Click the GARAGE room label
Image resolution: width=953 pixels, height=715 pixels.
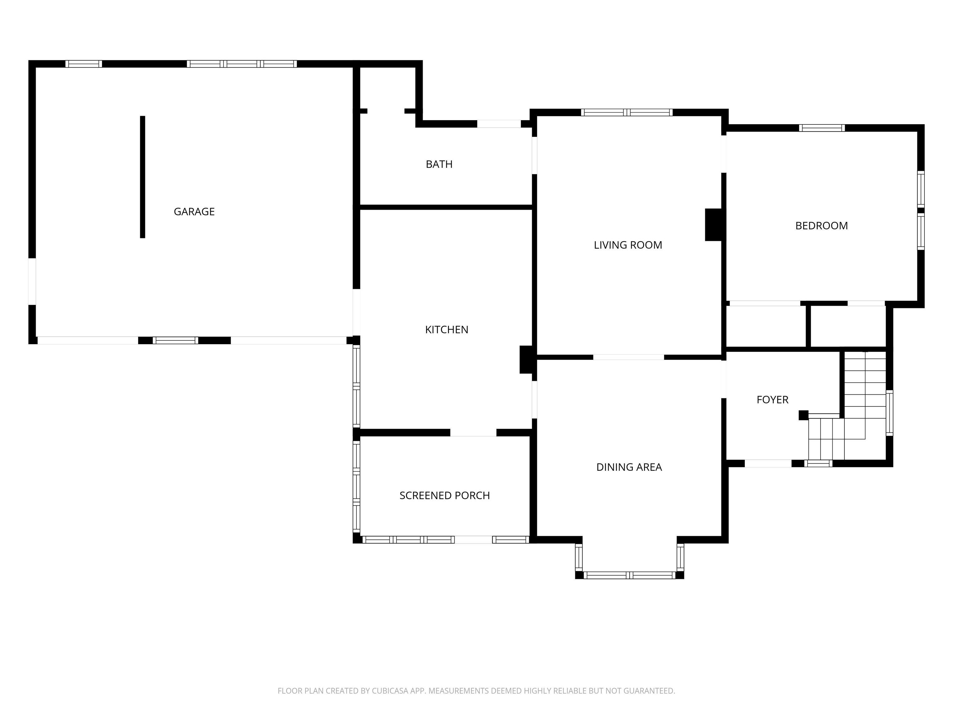pyautogui.click(x=194, y=212)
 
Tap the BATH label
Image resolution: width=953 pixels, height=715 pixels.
pyautogui.click(x=439, y=164)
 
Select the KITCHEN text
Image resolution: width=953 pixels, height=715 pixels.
pyautogui.click(x=446, y=330)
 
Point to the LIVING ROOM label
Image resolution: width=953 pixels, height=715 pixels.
pyautogui.click(x=628, y=245)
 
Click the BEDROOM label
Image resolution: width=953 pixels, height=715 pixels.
pyautogui.click(x=821, y=226)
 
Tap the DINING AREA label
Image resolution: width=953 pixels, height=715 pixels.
pyautogui.click(x=629, y=467)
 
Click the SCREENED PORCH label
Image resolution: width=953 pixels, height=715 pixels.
pyautogui.click(x=445, y=496)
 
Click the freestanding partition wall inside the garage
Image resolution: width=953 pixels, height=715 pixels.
pyautogui.click(x=143, y=177)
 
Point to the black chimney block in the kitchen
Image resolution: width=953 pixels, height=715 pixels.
pyautogui.click(x=526, y=359)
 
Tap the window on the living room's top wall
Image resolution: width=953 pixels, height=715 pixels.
pyautogui.click(x=627, y=112)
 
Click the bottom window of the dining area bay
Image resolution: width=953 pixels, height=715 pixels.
pyautogui.click(x=629, y=575)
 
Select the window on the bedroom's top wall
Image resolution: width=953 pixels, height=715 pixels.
pyautogui.click(x=821, y=128)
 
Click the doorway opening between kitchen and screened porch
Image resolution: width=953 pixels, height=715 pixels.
pyautogui.click(x=473, y=433)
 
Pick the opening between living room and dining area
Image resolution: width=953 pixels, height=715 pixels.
pyautogui.click(x=629, y=357)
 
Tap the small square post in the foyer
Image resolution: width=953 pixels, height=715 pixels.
pyautogui.click(x=803, y=415)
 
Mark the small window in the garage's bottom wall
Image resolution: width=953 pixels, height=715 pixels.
pyautogui.click(x=175, y=340)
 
